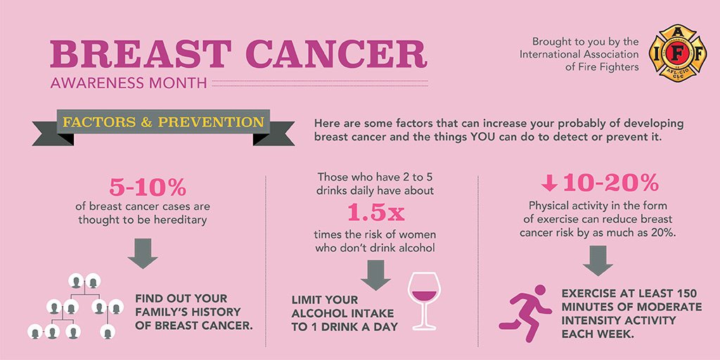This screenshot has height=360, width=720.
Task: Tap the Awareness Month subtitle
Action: (x=129, y=83)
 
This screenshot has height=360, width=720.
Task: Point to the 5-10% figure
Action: (x=147, y=188)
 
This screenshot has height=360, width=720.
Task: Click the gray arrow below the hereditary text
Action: (x=143, y=251)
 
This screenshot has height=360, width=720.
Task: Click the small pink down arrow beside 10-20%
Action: (x=549, y=184)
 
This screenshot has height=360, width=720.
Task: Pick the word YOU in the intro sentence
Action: (x=485, y=136)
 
